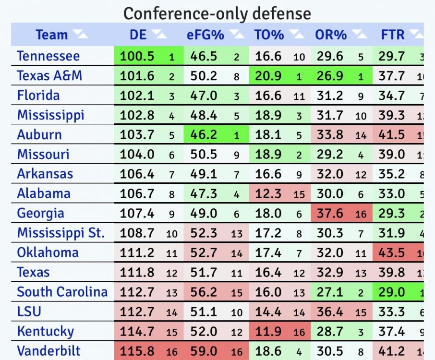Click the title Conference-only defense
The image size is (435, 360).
click(x=217, y=13)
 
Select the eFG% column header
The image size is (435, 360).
click(x=205, y=35)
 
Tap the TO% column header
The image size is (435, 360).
click(x=269, y=35)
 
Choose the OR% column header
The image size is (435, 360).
click(x=330, y=35)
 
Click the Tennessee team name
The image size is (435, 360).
click(x=48, y=56)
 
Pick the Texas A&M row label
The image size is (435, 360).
click(x=49, y=76)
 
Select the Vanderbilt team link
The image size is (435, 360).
click(x=49, y=351)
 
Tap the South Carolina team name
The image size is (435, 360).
click(x=62, y=292)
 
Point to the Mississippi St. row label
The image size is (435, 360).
click(x=60, y=233)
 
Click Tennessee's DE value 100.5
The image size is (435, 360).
click(x=137, y=56)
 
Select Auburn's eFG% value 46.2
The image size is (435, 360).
click(x=204, y=135)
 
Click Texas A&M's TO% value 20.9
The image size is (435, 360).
click(x=268, y=76)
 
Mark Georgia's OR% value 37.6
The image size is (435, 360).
click(x=330, y=213)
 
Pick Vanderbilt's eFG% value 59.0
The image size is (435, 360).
click(x=204, y=351)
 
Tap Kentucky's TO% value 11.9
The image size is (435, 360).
click(x=268, y=331)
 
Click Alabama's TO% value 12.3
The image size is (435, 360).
click(x=268, y=193)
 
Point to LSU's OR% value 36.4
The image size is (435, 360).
click(x=330, y=312)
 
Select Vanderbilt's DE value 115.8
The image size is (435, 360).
click(x=137, y=351)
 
